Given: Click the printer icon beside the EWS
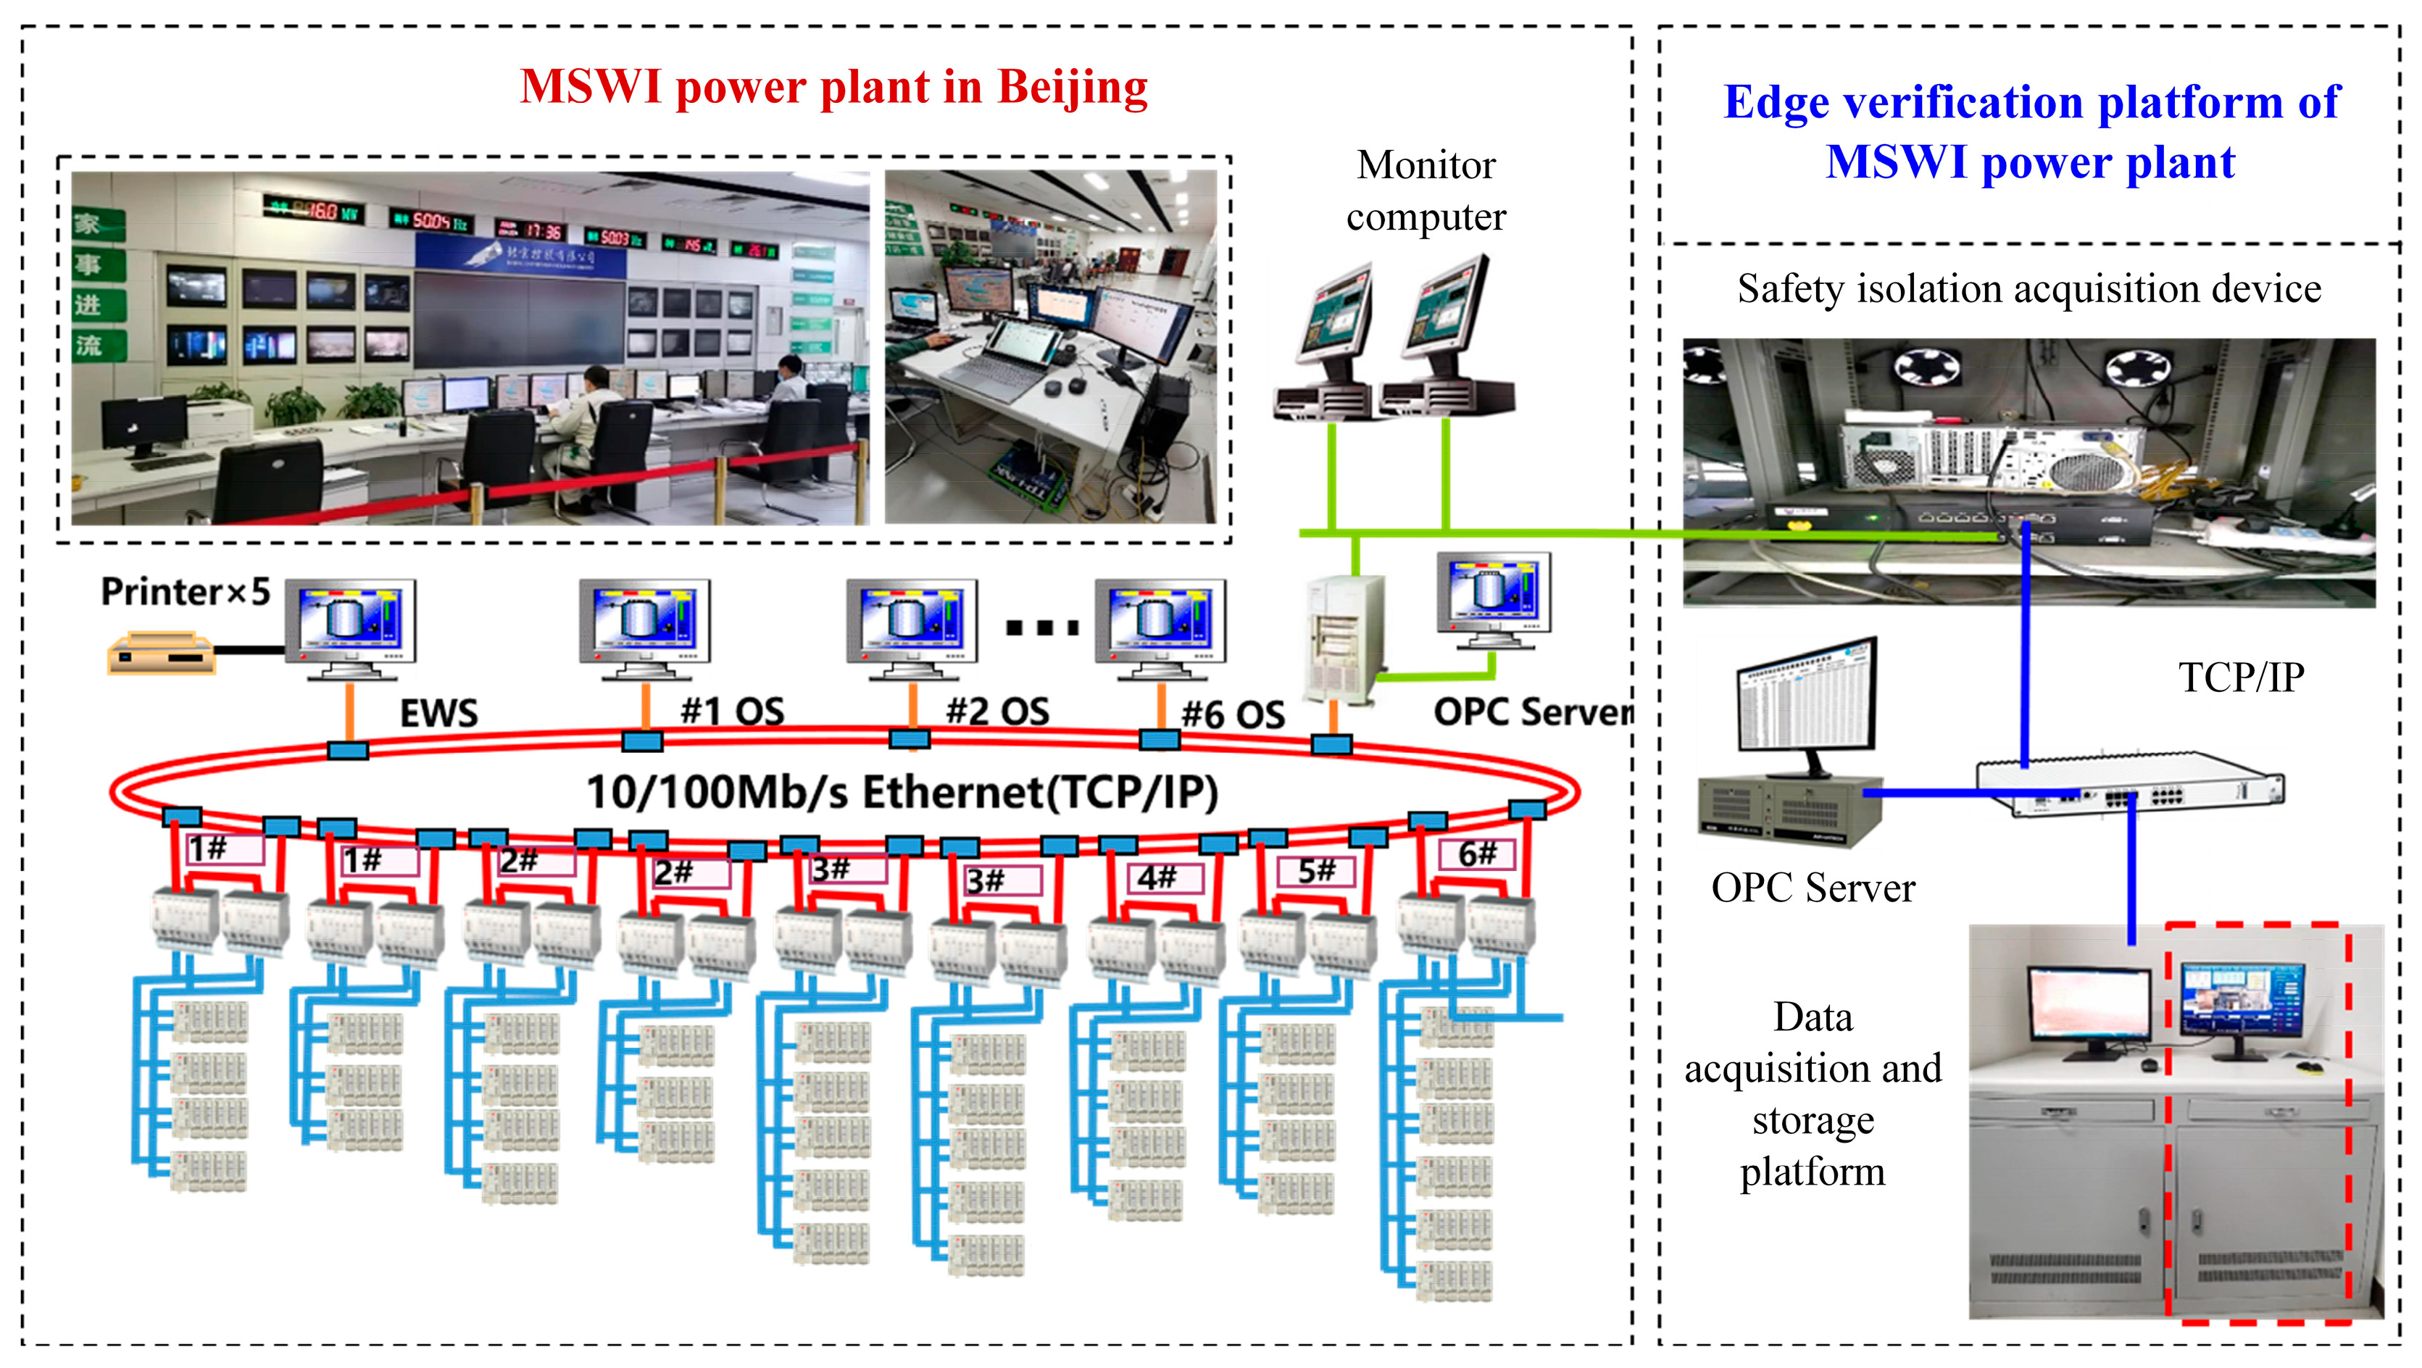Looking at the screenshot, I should point(161,654).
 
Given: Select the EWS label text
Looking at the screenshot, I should point(438,713).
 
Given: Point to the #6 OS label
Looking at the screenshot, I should point(1233,714).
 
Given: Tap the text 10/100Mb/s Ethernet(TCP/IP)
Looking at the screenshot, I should point(902,792).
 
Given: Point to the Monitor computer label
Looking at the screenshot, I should point(1426,190).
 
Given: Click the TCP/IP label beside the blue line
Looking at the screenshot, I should point(2242,677).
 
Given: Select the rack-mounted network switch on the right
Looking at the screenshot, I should point(2130,783).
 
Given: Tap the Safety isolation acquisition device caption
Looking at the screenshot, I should point(2028,288).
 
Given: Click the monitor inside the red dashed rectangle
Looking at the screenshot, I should point(2242,1004).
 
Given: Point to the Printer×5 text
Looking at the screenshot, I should point(186,591).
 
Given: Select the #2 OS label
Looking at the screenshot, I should point(996,712).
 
